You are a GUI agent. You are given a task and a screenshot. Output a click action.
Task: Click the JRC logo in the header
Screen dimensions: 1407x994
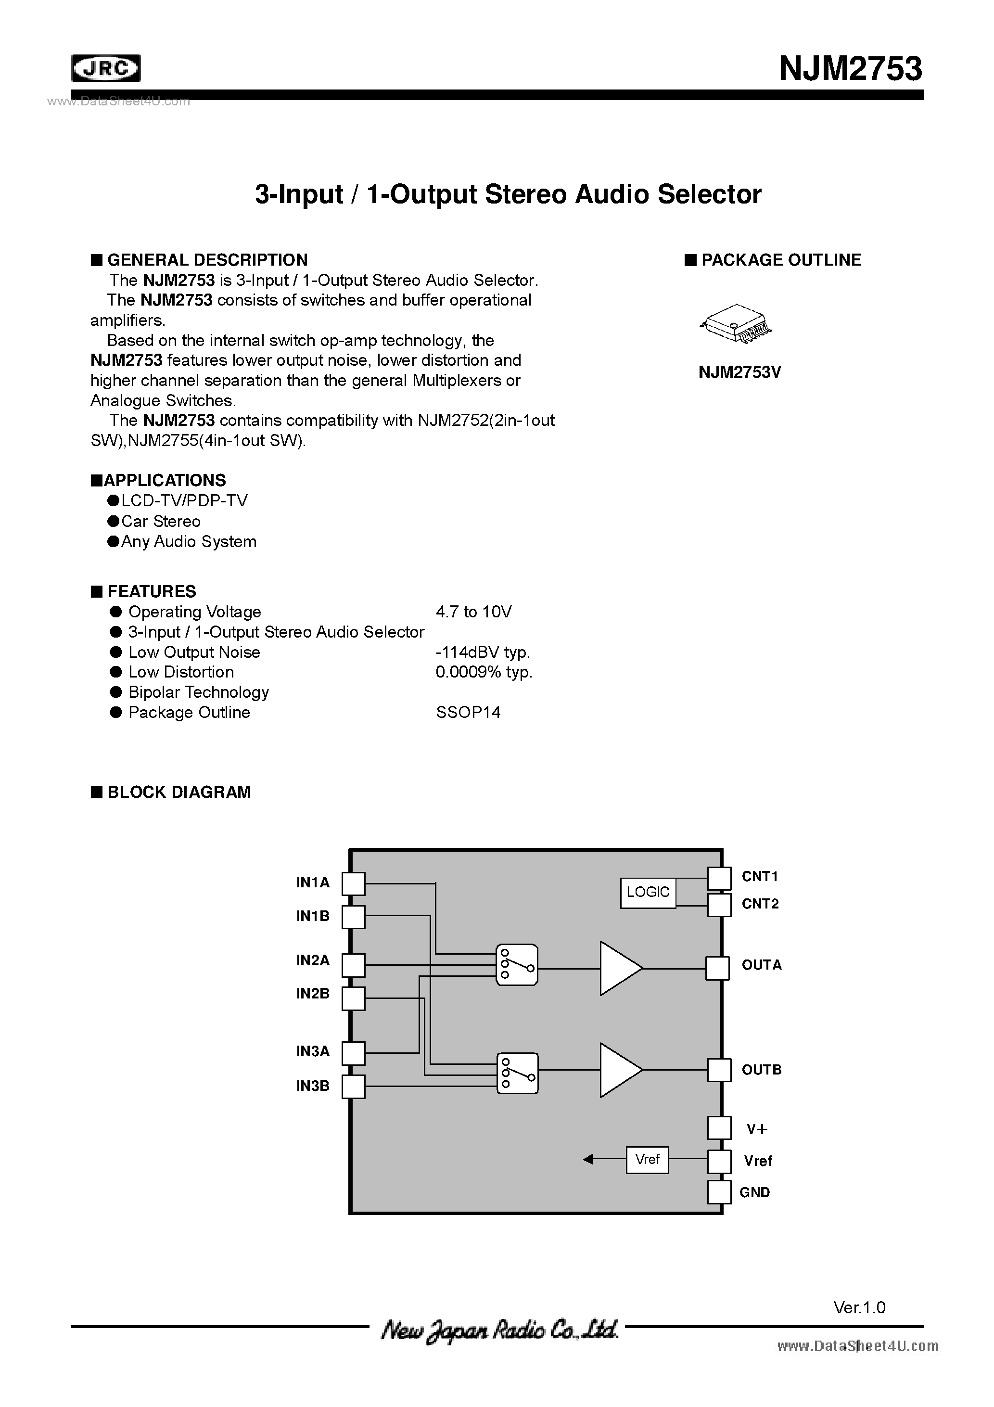(106, 69)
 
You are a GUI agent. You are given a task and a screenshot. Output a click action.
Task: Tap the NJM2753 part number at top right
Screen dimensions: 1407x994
(850, 69)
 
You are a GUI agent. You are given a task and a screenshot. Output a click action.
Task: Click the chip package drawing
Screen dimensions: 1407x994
(735, 323)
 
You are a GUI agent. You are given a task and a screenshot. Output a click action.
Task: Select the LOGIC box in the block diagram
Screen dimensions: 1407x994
(648, 892)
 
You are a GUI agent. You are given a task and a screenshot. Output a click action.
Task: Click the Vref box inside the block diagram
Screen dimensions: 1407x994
(647, 1159)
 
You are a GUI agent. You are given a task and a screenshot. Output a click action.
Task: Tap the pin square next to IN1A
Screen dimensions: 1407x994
(353, 883)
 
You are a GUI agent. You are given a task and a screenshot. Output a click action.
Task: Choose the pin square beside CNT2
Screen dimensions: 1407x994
(719, 905)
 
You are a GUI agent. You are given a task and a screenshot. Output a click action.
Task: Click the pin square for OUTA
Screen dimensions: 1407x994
(718, 968)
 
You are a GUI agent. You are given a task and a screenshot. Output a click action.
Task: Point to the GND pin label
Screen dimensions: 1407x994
(754, 1192)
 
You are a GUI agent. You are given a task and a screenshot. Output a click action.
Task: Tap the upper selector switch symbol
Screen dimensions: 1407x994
(517, 965)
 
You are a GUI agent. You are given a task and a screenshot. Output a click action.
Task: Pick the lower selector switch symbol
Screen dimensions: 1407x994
(517, 1074)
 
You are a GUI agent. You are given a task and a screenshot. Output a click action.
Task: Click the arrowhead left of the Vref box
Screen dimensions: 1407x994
(588, 1159)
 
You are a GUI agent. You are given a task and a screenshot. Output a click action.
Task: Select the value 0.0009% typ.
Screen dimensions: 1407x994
(484, 672)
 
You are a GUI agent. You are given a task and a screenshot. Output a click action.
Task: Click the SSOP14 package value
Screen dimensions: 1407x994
(468, 713)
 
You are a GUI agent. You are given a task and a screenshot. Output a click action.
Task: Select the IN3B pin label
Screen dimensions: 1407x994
(313, 1086)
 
